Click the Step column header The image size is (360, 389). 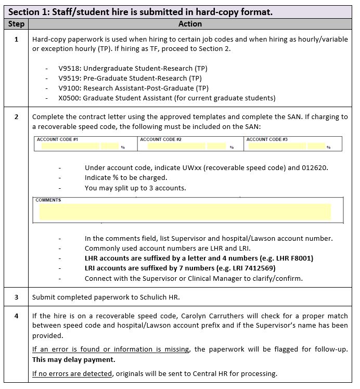(16, 24)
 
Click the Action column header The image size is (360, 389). (190, 24)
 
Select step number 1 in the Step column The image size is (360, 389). (16, 39)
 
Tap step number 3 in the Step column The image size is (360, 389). (16, 297)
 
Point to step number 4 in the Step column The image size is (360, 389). (16, 315)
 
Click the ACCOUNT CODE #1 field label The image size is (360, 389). (57, 139)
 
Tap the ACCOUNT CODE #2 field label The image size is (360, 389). (161, 139)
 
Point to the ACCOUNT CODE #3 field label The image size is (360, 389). (267, 139)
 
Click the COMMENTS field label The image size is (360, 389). (48, 200)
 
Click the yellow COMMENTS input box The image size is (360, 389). (185, 212)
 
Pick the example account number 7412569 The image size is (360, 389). (261, 268)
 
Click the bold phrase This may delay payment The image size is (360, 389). (73, 359)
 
